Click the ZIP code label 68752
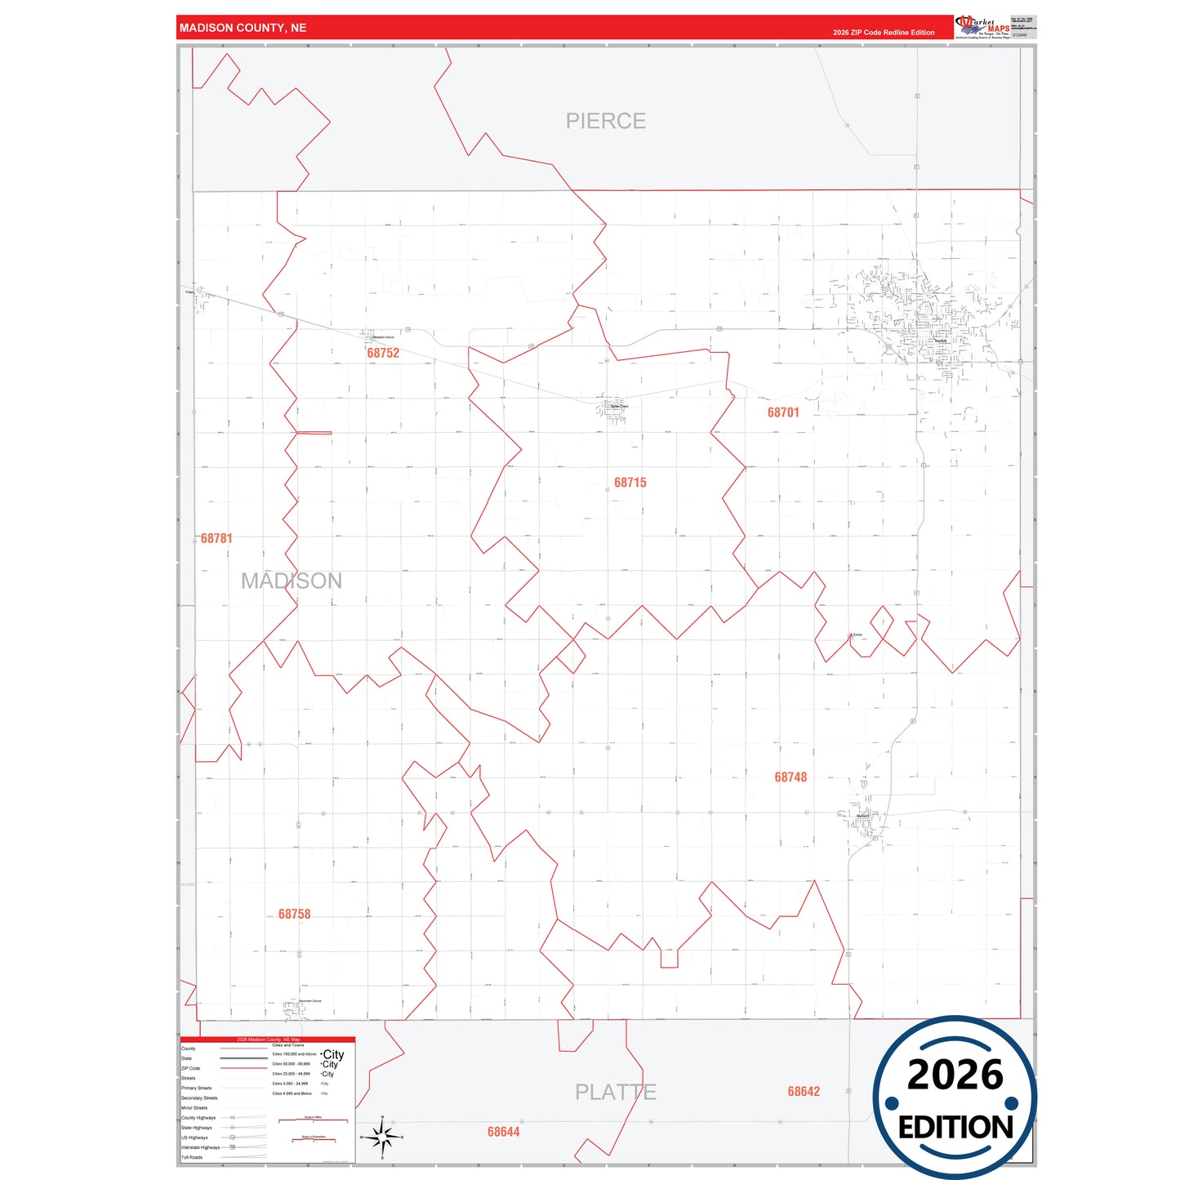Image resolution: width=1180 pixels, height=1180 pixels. click(x=383, y=353)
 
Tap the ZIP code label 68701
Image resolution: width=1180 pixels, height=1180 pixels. click(x=783, y=412)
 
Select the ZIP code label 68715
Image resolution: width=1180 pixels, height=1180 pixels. click(x=630, y=483)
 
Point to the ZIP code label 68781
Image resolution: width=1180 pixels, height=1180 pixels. click(x=216, y=538)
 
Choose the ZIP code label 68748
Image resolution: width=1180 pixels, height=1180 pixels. click(x=790, y=777)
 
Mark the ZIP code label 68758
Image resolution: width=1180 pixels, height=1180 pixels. click(x=294, y=914)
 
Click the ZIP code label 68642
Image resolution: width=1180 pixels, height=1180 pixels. click(x=804, y=1092)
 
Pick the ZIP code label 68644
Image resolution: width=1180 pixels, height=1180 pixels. click(x=503, y=1132)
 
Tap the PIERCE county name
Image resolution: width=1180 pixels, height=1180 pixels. click(x=606, y=121)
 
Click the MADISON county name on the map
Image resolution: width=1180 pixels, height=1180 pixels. click(x=292, y=581)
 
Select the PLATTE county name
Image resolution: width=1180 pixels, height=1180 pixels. click(x=615, y=1092)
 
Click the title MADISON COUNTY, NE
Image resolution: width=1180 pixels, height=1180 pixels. click(x=243, y=28)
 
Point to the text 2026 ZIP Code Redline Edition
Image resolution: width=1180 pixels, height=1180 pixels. click(x=884, y=33)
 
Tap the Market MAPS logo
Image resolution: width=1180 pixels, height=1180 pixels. click(x=982, y=27)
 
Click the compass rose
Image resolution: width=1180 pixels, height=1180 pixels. click(x=382, y=1137)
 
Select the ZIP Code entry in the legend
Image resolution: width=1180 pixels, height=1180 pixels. click(x=191, y=1068)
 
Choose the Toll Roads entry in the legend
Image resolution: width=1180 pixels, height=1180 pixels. click(x=192, y=1157)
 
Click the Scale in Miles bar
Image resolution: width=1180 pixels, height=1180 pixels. click(x=314, y=1120)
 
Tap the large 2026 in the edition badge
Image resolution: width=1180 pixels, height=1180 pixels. click(x=955, y=1075)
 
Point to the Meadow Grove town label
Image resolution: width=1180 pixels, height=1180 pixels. click(x=383, y=337)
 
